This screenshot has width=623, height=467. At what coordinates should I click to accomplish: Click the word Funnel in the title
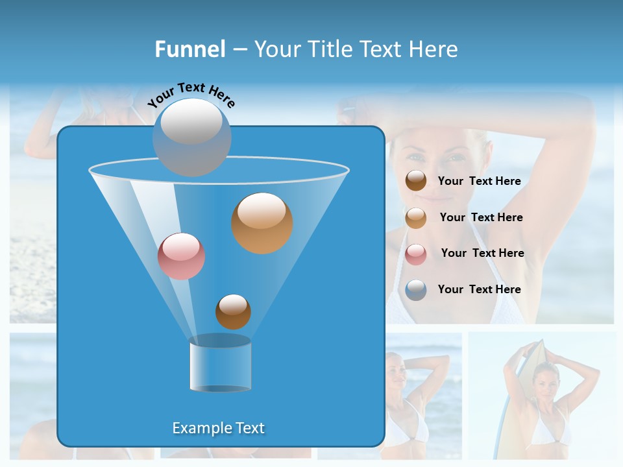click(x=190, y=49)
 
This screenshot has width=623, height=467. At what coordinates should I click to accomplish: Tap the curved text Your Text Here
click(x=191, y=94)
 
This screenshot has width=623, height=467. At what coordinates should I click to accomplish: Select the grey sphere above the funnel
click(x=191, y=137)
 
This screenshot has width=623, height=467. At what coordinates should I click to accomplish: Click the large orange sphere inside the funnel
click(x=262, y=223)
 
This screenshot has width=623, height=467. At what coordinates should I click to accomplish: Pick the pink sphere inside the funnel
click(x=181, y=256)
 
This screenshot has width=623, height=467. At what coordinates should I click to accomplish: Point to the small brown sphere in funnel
click(x=233, y=311)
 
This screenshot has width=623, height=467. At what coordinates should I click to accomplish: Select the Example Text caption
click(x=219, y=428)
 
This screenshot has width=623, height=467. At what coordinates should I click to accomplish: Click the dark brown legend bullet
click(x=416, y=181)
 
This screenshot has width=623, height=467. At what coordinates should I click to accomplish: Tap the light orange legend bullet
click(x=416, y=218)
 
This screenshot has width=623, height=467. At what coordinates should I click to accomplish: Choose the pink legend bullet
click(x=416, y=254)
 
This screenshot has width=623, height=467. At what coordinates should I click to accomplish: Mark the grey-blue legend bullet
click(x=416, y=290)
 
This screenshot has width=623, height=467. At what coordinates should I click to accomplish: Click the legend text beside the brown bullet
click(x=479, y=182)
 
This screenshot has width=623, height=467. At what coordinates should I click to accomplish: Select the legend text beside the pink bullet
click(x=482, y=254)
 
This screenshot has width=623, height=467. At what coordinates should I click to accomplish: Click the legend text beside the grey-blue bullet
click(x=479, y=289)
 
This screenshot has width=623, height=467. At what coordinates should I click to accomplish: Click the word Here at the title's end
click(x=434, y=49)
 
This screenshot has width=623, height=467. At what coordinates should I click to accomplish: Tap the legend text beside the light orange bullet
click(x=481, y=217)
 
